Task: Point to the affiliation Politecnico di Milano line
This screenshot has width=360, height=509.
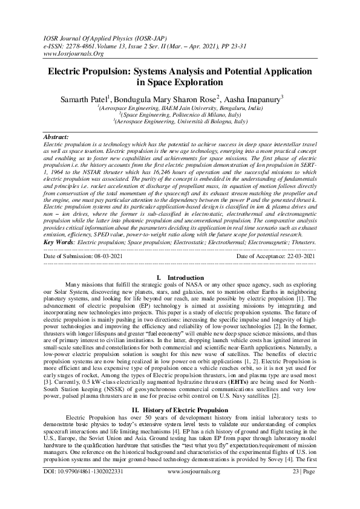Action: [180, 114]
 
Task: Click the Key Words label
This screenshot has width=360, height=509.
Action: [59, 242]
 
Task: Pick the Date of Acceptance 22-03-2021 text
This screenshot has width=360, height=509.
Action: [276, 256]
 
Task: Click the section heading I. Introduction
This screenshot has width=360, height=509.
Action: [180, 277]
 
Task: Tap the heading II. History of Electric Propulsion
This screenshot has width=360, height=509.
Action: [180, 393]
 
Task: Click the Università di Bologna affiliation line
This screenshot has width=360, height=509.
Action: [180, 121]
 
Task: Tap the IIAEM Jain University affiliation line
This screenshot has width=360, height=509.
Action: [180, 107]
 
